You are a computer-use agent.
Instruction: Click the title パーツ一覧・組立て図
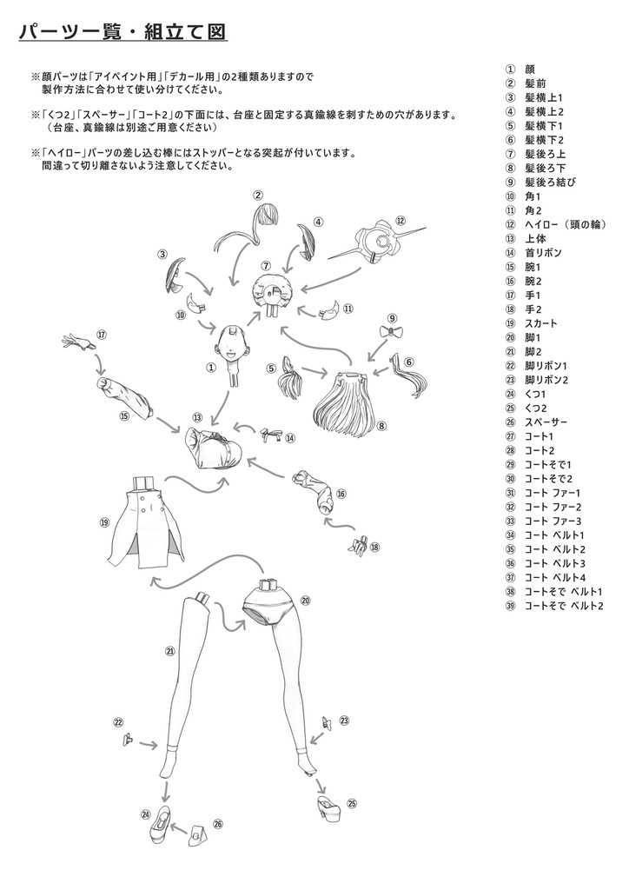pyautogui.click(x=122, y=32)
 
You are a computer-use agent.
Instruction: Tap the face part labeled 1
pyautogui.click(x=234, y=343)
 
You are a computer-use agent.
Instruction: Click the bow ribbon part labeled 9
pyautogui.click(x=394, y=333)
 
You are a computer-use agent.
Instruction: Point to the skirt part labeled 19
pyautogui.click(x=144, y=522)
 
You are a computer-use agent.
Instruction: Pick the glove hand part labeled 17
pyautogui.click(x=81, y=342)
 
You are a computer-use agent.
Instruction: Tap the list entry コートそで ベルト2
pyautogui.click(x=563, y=605)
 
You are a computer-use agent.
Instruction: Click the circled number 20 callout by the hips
pyautogui.click(x=305, y=599)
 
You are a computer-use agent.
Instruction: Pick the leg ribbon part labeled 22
pyautogui.click(x=129, y=740)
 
